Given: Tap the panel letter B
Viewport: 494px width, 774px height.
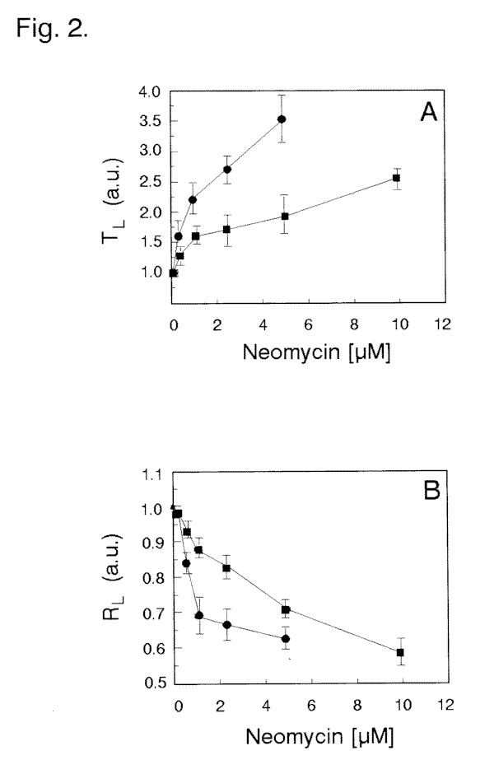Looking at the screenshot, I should [431, 493].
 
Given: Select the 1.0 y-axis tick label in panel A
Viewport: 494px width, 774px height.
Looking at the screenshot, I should [151, 272].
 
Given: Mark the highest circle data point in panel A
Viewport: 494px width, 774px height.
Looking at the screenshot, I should [282, 119].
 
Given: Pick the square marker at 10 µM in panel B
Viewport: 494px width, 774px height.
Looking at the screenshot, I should [400, 652].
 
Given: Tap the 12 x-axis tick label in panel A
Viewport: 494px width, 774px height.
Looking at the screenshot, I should [443, 324].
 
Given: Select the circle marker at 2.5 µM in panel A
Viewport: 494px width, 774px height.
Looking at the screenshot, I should [227, 170].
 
